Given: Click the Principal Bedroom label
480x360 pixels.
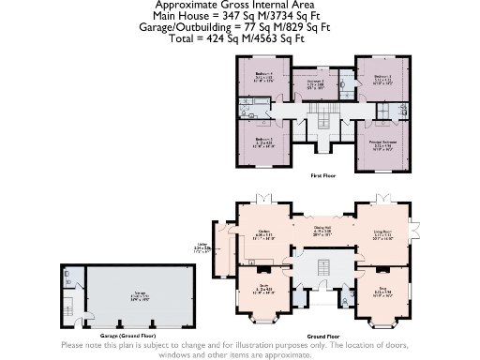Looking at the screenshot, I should point(382,144).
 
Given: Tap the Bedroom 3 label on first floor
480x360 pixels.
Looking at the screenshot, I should point(316,83).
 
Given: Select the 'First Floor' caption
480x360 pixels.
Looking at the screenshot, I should point(323,175).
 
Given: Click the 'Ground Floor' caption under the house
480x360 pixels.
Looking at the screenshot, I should point(322,335).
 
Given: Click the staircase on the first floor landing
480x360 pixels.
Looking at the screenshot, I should point(324,118).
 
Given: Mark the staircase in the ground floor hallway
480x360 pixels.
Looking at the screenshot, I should point(322,272).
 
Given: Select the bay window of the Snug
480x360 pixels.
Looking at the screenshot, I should point(382,324).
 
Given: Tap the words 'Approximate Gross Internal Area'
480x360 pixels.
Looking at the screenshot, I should point(239,5).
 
